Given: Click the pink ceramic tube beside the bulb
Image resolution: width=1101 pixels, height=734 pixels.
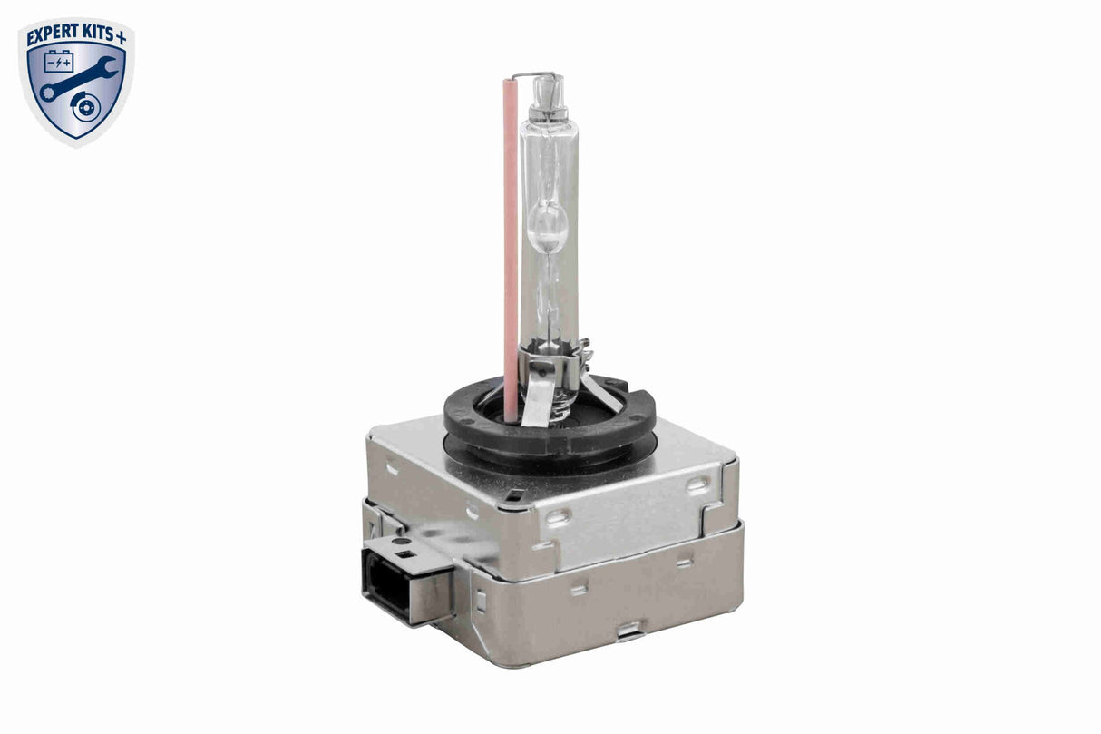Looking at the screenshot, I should (511, 245).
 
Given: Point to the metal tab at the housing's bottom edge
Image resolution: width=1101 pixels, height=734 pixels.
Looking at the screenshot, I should (628, 629).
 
